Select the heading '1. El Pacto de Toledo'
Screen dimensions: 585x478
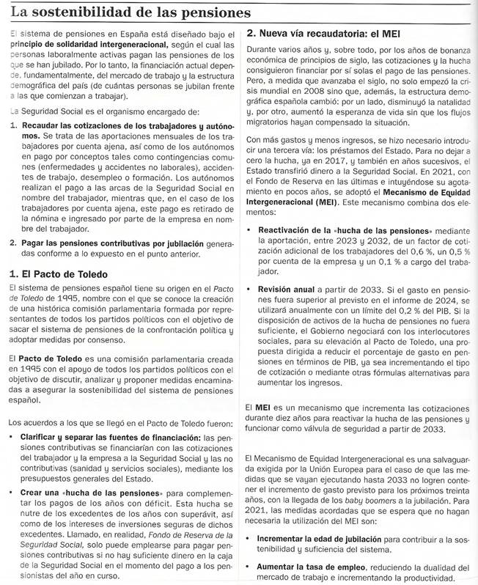point(59,274)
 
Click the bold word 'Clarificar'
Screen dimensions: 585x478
point(45,438)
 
